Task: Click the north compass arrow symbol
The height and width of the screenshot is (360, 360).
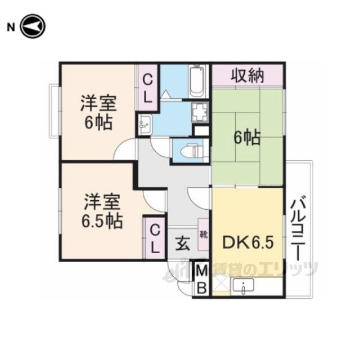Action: point(33,26)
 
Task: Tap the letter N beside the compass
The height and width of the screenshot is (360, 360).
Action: point(11,28)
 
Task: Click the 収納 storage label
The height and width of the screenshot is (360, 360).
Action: point(247,75)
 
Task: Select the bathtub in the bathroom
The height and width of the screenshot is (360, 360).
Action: point(197,82)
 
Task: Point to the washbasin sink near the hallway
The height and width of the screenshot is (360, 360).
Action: point(145,124)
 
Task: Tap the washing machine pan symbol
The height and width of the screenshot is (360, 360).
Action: point(200,112)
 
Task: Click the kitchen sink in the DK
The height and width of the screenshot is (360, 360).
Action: point(243,285)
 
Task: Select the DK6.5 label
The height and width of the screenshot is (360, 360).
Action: point(248,242)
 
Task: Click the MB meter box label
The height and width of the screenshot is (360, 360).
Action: point(201,280)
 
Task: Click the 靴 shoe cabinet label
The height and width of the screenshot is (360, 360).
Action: point(204,235)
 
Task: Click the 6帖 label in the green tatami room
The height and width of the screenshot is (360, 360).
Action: point(247,138)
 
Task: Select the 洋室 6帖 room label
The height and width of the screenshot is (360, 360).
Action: point(98,112)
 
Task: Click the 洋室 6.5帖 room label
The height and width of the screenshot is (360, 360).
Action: point(102,211)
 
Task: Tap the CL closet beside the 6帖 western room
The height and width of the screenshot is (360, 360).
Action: point(148,89)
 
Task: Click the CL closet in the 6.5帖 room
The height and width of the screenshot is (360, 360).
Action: point(155,238)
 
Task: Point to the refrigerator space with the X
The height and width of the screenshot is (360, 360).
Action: point(221,283)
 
